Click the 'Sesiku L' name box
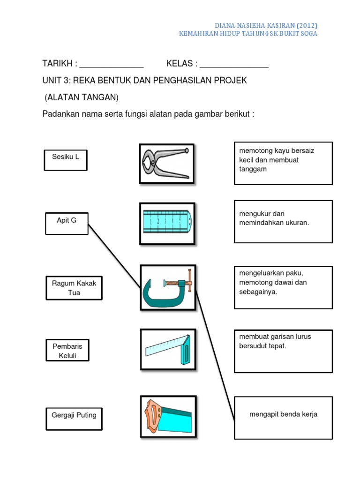coord(66,160)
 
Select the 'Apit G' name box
coord(67,223)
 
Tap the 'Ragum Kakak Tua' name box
coord(74,288)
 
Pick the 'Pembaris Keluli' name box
coord(67,350)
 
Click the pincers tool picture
coord(166,163)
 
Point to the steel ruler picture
coord(167,224)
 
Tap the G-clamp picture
coord(168,287)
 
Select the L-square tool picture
coord(168,349)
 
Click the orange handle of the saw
coord(153,414)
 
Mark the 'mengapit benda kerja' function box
coord(283,418)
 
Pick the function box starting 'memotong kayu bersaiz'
coord(283,163)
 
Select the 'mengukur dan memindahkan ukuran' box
coord(283,221)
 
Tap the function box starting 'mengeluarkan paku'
coord(283,287)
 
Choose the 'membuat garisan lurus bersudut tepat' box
coord(283,351)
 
